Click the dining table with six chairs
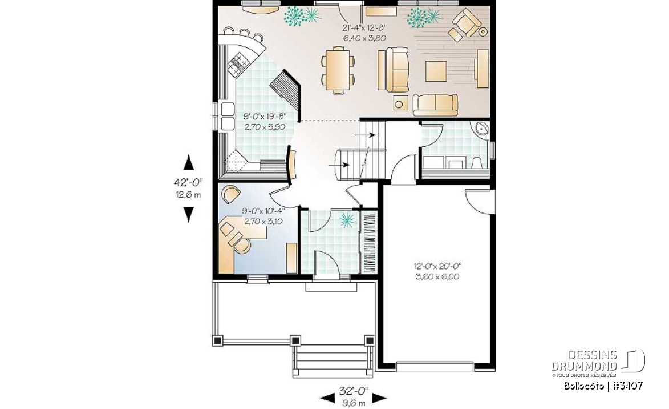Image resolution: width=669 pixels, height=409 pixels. coord(338,70)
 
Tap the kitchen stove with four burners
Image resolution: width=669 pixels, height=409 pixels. coord(238,63)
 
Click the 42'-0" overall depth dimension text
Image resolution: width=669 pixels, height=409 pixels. coord(188,182)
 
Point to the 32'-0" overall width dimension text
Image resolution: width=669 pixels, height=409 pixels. coord(354,391)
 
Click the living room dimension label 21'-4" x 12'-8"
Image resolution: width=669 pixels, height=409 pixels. coord(364,28)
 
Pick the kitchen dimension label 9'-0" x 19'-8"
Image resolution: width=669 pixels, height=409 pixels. coord(265,116)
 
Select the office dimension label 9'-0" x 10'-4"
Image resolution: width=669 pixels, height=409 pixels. coord(263,211)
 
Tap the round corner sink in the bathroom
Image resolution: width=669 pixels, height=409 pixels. coord(480,129)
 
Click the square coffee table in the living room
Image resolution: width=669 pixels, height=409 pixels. coord(436,70)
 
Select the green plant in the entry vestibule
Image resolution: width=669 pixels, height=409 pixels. coord(347,220)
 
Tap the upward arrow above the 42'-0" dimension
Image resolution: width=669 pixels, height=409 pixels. coord(188,163)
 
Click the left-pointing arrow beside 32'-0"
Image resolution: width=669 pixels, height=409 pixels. coord(327,398)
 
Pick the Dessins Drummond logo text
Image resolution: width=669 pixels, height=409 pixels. coord(585,360)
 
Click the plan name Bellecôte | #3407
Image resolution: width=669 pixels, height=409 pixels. coord(603,386)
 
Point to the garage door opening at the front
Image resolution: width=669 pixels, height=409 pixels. coord(435,366)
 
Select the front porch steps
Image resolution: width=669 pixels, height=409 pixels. coord(331,362)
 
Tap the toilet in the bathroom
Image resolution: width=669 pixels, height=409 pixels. coord(477,163)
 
